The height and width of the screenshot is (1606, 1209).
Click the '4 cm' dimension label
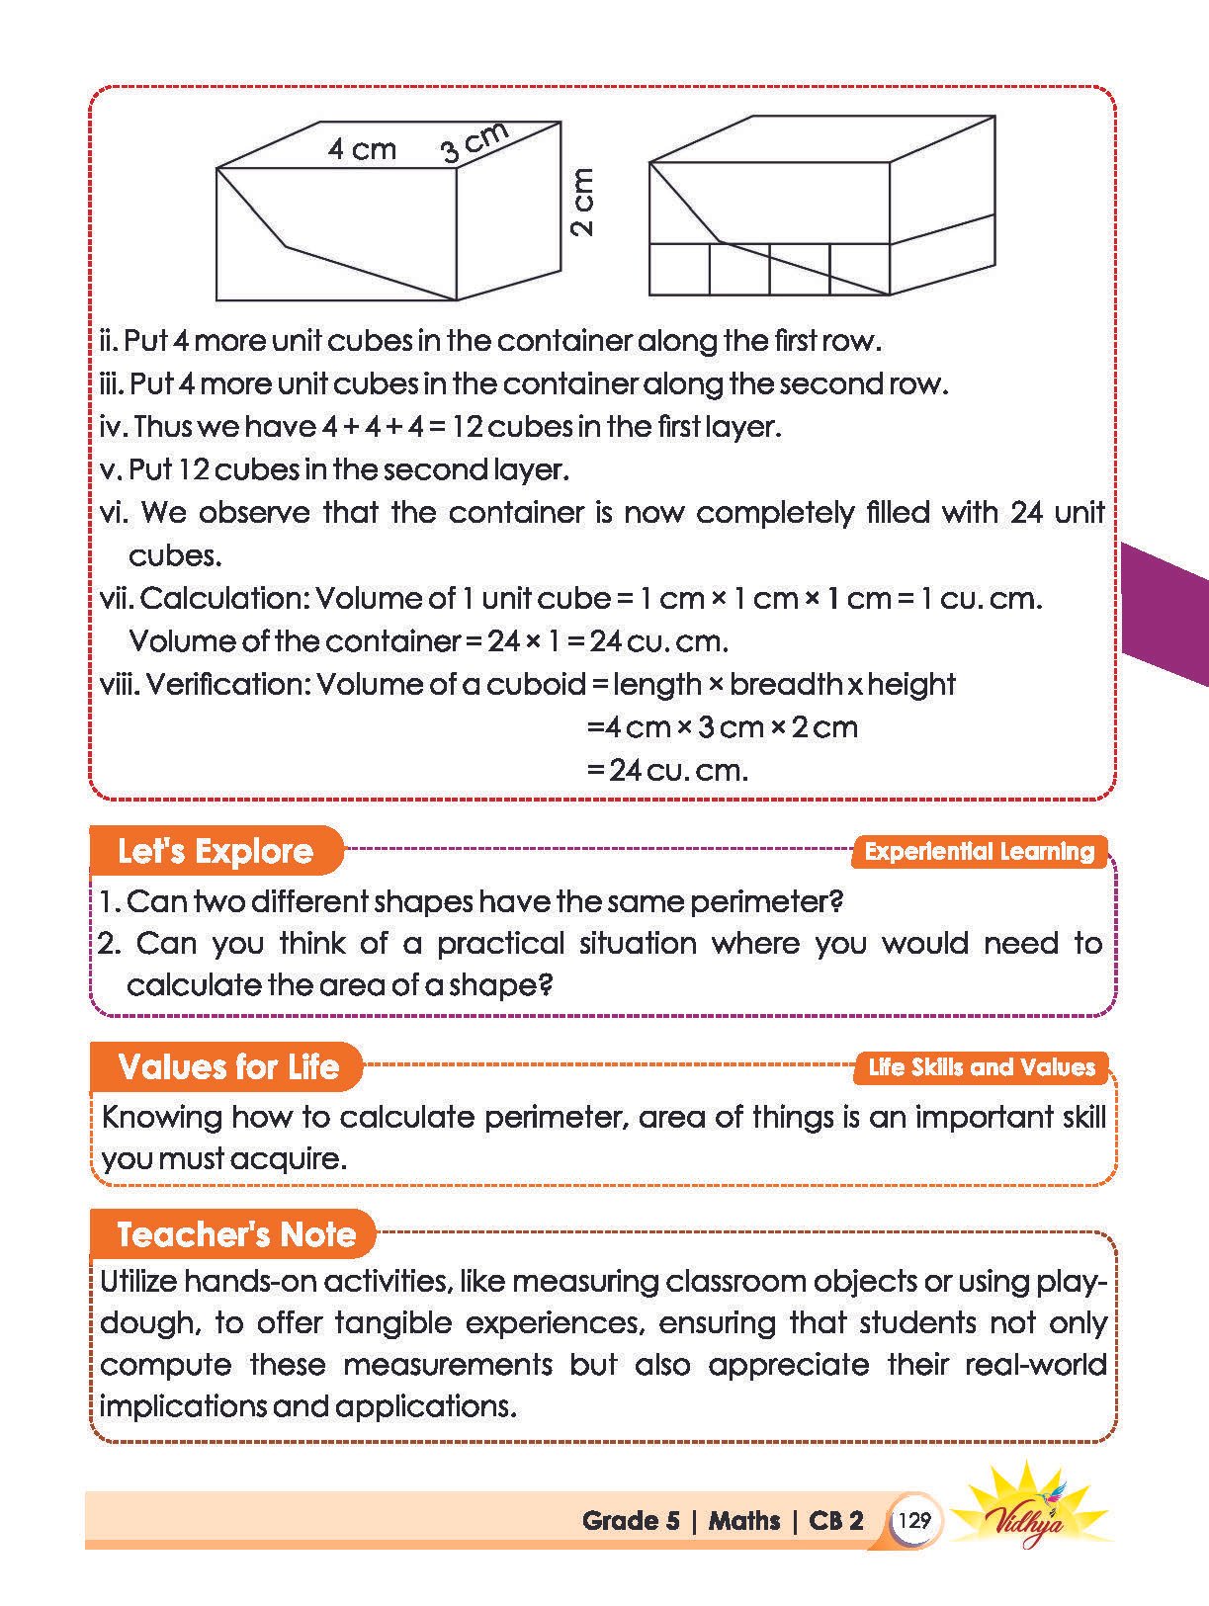[x=362, y=149]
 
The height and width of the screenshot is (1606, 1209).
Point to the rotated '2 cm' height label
[x=582, y=202]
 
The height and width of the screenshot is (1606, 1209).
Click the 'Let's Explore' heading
[x=215, y=851]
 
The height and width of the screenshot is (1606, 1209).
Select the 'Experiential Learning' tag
[x=979, y=852]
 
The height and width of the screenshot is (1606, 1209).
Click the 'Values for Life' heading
[x=227, y=1066]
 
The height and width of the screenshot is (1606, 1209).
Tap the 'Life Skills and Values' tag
[x=981, y=1067]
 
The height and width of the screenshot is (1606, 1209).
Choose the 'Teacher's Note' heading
[x=235, y=1234]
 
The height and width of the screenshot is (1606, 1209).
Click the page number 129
[x=915, y=1520]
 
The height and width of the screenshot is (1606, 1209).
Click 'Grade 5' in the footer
[x=631, y=1520]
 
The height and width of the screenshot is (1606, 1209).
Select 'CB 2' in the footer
[x=835, y=1520]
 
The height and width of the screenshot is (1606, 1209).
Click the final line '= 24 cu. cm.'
[x=667, y=770]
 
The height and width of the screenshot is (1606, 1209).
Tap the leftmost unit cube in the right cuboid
[x=679, y=269]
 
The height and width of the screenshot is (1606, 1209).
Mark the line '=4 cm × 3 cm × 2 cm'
[x=722, y=727]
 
